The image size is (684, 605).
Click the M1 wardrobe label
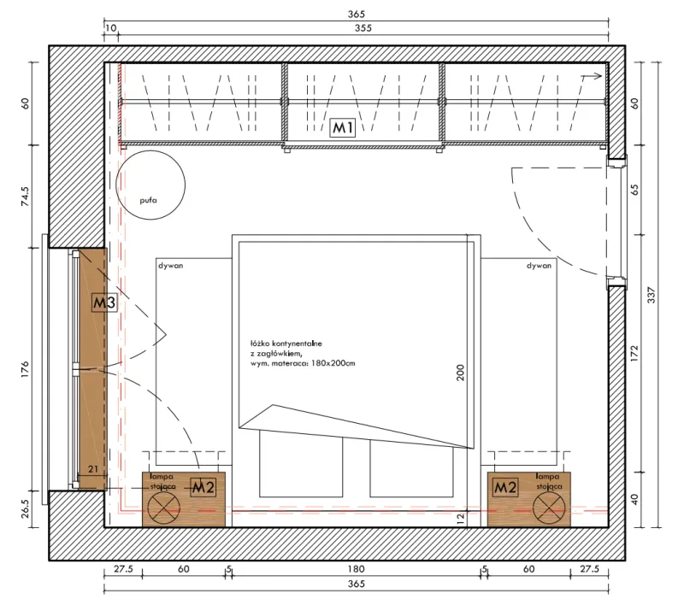pos(343,127)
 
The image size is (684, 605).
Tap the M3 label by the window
pos(104,302)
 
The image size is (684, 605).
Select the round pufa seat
pos(150,185)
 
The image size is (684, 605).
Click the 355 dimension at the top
pos(363,28)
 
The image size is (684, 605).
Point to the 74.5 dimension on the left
pos(25,197)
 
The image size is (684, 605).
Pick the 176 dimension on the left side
pos(25,369)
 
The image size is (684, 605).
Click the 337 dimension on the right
pos(652,295)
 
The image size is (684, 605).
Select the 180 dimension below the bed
pos(356,569)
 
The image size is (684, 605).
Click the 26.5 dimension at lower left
pos(25,508)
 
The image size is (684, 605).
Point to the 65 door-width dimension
pos(634,190)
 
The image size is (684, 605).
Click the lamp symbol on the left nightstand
pos(163,508)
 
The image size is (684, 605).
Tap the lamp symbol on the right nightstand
pos(549,508)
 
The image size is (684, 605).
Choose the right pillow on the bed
pos(411,468)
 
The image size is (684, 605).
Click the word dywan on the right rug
pos(539,266)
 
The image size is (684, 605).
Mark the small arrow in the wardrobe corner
pos(591,76)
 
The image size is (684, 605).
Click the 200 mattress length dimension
pos(460,373)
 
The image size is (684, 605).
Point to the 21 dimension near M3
pos(93,469)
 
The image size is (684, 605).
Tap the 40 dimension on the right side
pos(634,500)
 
